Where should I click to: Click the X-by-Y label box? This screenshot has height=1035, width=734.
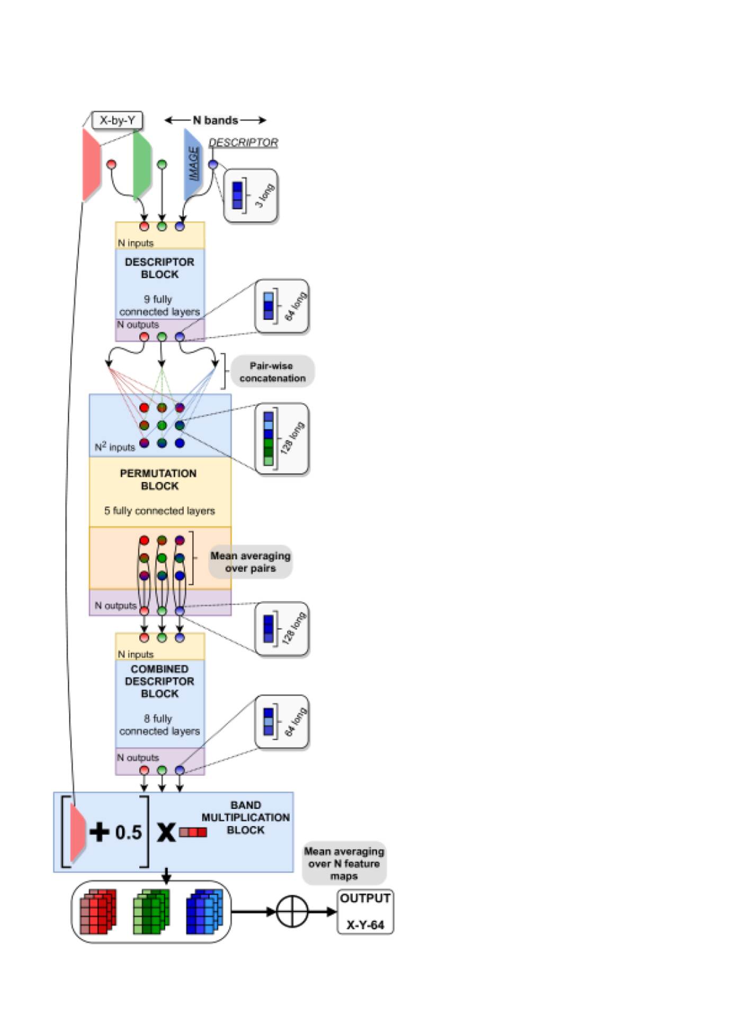click(117, 120)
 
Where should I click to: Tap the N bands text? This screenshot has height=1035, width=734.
click(216, 120)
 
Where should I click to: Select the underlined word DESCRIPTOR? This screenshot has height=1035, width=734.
click(243, 142)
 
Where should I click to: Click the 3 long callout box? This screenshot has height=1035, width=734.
click(250, 195)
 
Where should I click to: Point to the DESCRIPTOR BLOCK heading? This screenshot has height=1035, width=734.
click(159, 268)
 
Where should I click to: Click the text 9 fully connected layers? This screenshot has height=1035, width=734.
click(159, 305)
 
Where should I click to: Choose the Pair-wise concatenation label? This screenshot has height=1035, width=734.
click(272, 371)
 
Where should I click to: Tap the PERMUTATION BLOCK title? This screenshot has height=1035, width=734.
click(158, 479)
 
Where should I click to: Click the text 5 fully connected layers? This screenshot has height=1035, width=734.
click(159, 511)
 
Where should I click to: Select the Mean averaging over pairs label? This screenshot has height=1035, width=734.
click(250, 562)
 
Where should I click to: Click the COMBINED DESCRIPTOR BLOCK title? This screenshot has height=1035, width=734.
click(159, 681)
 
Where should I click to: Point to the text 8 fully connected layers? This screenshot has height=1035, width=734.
click(159, 725)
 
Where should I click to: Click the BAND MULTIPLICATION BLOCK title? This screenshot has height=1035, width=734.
click(245, 818)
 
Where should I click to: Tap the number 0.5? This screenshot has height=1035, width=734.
click(129, 832)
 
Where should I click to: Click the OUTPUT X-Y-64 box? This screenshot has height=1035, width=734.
click(365, 911)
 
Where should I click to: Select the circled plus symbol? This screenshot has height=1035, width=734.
click(292, 911)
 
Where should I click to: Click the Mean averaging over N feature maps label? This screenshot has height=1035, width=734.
click(344, 863)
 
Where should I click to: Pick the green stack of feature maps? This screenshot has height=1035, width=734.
click(151, 911)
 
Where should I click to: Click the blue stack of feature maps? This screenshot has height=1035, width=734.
click(205, 911)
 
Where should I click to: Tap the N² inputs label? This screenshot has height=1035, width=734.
click(114, 447)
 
